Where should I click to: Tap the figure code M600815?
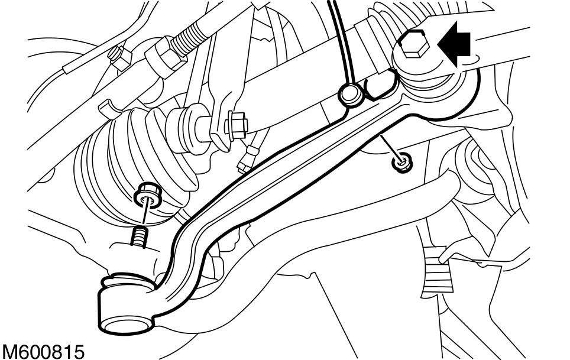coord(43,350)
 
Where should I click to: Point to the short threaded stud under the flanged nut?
coord(138,238)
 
